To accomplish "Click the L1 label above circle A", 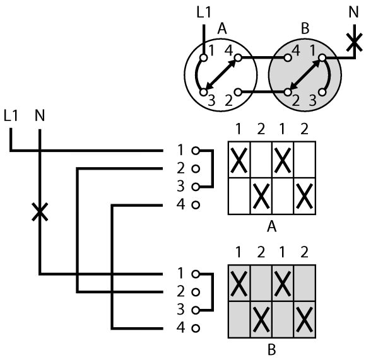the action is pos(204,12).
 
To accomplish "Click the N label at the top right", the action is pos(353,12).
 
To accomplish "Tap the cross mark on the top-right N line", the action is pos(355,42).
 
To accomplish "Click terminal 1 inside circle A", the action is pos(204,57).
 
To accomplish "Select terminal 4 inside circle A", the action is pos(238,57).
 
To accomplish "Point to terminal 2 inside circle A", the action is pos(238,92).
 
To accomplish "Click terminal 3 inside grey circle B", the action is pos(322,92).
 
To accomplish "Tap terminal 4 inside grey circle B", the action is pos(288,57).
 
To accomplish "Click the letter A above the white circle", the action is pos(221,29).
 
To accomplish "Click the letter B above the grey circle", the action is pos(305,28).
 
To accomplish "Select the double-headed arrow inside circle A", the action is pos(221,75).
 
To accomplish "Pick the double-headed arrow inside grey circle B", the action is pos(305,75).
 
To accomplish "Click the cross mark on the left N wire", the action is pos(40,212).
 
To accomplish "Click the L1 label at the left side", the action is pos(11,115).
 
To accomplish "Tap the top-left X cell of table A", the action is pos(239,160).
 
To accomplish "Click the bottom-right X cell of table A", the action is pos(305,196).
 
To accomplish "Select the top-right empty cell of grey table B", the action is pos(305,283).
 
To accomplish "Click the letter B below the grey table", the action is pos(272,350).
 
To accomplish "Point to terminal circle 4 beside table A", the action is pos(196,205).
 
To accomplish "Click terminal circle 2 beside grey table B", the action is pos(196,292).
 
